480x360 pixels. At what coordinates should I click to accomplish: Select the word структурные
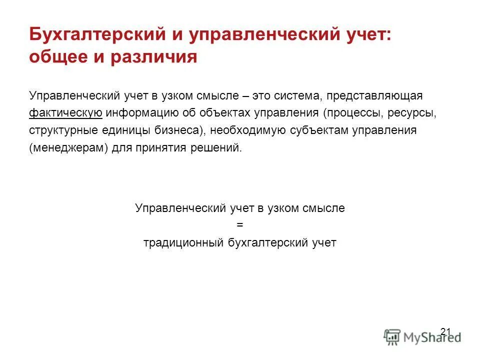tap(61, 130)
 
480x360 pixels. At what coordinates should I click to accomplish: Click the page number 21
tap(445, 331)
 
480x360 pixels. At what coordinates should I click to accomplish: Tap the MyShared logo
tap(422, 336)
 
